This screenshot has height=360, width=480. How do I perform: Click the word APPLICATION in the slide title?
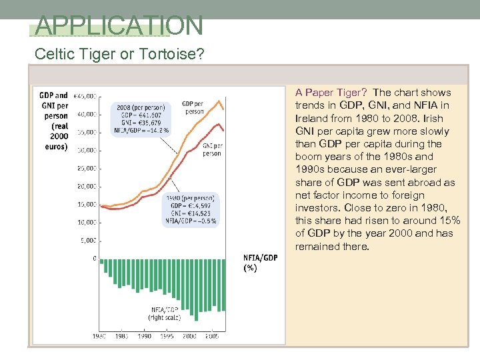click(119, 25)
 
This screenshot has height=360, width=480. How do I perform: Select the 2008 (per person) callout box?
click(143, 120)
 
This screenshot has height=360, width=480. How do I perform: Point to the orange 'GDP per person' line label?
click(194, 107)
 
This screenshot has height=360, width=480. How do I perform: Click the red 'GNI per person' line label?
click(211, 149)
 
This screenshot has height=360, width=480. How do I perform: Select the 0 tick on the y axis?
click(94, 258)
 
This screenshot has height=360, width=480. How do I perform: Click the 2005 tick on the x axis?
click(211, 337)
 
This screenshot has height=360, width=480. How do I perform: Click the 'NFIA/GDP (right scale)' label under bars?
click(163, 314)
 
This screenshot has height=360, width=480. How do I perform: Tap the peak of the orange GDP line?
click(219, 98)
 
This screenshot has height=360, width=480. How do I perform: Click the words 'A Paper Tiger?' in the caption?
click(331, 93)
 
